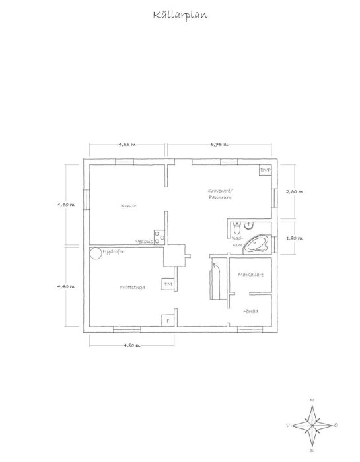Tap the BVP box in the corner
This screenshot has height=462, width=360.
click(x=266, y=170)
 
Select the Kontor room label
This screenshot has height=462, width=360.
click(x=129, y=205)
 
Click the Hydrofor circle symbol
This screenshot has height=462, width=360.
click(x=95, y=252)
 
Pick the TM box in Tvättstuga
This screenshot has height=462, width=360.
click(x=168, y=284)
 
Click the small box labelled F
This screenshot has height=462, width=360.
click(x=168, y=321)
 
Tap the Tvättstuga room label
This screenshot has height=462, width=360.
click(x=132, y=288)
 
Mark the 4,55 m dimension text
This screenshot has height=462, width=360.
click(x=127, y=143)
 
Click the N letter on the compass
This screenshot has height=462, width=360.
click(x=311, y=401)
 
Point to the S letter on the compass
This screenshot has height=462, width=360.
click(x=311, y=451)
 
